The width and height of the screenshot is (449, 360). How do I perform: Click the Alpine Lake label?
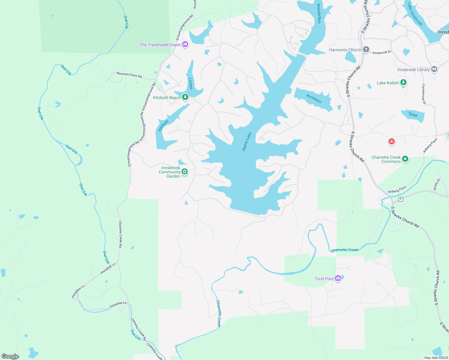tap(247, 142)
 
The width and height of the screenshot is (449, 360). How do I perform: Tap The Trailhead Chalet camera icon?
tap(185, 45)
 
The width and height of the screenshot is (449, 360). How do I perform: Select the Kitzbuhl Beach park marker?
tap(185, 97)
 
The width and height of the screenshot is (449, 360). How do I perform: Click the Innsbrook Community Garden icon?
tap(185, 172)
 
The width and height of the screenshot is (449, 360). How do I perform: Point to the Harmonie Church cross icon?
tap(366, 49)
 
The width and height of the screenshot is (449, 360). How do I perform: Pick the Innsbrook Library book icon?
tap(434, 69)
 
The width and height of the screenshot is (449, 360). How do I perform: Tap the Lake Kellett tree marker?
tap(403, 82)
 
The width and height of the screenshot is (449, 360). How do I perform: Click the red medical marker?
tap(391, 141)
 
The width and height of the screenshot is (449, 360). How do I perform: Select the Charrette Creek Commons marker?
tap(405, 159)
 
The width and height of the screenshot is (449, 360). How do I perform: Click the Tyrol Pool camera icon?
tap(338, 279)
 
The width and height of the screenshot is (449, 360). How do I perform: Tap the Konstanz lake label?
tap(314, 98)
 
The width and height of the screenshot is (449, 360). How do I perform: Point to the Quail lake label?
tap(413, 114)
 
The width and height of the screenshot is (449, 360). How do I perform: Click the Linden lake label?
tap(190, 84)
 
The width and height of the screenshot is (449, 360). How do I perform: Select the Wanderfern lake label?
tap(319, 13)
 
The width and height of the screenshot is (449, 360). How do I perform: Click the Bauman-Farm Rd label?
tap(129, 75)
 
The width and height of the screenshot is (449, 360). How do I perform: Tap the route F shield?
tap(400, 199)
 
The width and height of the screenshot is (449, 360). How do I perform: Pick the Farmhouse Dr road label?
tap(424, 94)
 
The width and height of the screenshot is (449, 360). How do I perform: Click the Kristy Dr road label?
tap(437, 184)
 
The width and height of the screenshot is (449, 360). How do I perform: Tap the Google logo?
tap(10, 356)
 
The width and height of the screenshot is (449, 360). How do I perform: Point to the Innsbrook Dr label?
tap(382, 52)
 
